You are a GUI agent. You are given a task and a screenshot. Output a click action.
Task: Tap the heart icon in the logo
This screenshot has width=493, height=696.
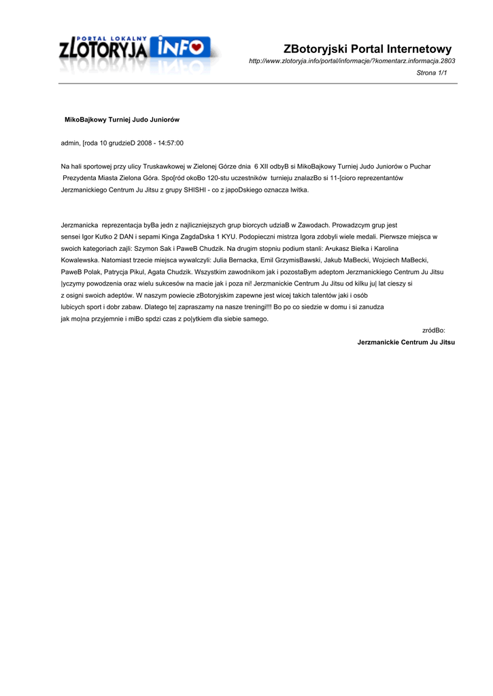point(196,48)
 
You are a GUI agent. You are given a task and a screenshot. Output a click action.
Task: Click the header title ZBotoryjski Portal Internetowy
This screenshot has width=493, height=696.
point(367,49)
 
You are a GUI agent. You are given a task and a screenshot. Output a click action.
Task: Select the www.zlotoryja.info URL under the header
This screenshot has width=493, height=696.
point(352,61)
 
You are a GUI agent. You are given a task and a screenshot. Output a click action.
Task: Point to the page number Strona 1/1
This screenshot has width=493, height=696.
point(431,73)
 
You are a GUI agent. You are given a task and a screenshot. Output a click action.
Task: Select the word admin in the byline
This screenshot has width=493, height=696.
point(70,143)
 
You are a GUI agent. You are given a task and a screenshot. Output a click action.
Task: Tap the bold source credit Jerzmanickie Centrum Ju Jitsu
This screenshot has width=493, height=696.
point(406,342)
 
